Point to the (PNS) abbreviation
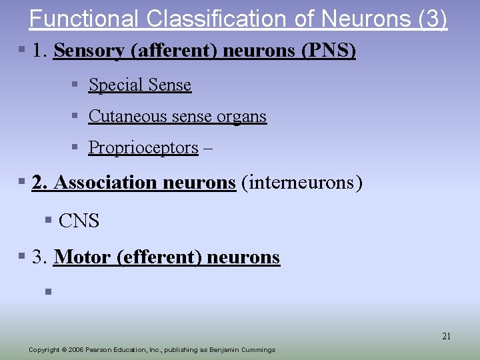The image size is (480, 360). click(x=329, y=51)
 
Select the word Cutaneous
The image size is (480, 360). click(x=128, y=116)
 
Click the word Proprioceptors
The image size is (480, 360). click(x=143, y=147)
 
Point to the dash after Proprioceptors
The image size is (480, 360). click(x=208, y=147)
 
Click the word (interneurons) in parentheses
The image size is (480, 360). click(x=302, y=182)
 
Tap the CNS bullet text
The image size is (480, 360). click(x=79, y=221)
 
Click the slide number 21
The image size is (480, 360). click(x=446, y=336)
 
